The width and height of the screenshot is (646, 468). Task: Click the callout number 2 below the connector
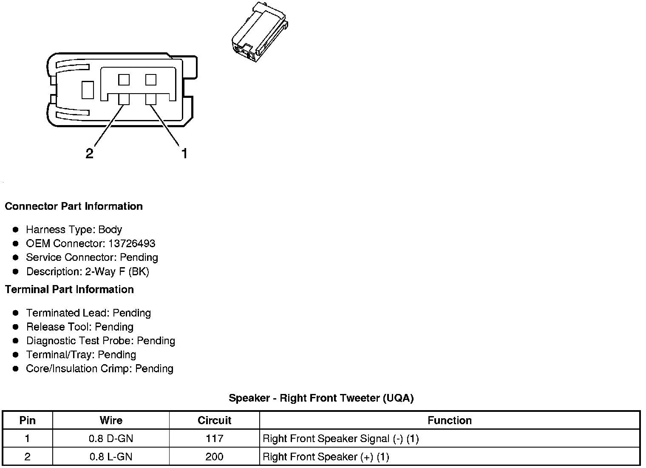(x=89, y=154)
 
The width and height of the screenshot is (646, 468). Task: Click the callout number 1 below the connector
(x=184, y=154)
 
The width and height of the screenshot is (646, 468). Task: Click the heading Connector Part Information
(x=74, y=206)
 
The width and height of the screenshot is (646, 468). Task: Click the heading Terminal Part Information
(x=69, y=290)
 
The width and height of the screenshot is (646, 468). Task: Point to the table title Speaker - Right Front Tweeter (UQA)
(x=321, y=398)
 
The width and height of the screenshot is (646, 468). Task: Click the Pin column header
(x=28, y=421)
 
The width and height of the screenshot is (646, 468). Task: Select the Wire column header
(x=111, y=421)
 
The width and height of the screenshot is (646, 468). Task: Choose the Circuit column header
(x=214, y=421)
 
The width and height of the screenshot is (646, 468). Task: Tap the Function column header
(x=449, y=421)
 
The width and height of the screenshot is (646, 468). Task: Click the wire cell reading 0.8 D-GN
(x=111, y=439)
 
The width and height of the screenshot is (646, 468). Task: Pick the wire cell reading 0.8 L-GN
(x=111, y=457)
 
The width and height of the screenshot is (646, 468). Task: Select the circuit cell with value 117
(x=214, y=439)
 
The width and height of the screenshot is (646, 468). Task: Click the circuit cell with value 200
(x=214, y=457)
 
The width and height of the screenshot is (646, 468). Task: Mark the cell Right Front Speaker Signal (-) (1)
(x=341, y=439)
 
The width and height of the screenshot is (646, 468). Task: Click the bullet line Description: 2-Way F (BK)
(x=88, y=271)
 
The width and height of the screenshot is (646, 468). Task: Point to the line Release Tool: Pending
(x=80, y=327)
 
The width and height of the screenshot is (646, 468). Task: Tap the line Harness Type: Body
(x=74, y=230)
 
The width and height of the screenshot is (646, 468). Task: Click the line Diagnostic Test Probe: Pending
(x=101, y=341)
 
